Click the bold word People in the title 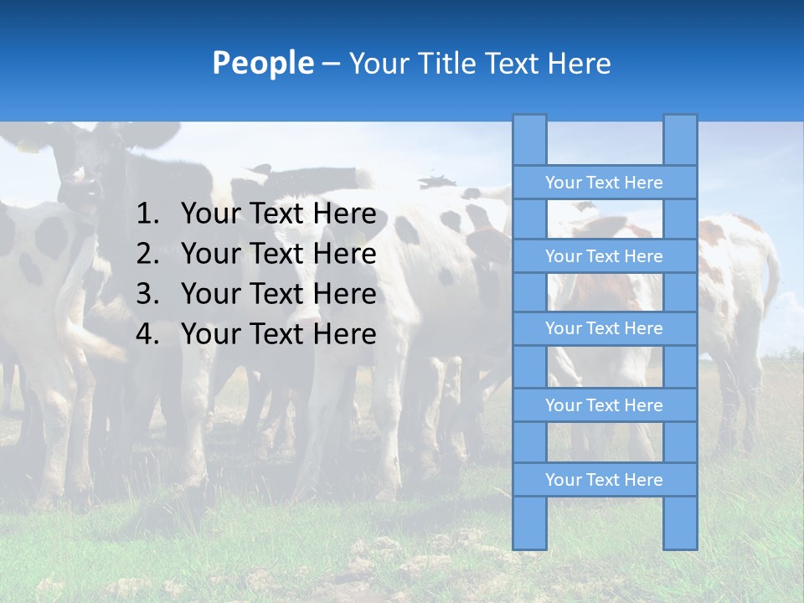click(x=263, y=64)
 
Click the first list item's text click(x=278, y=214)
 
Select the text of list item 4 click(x=278, y=334)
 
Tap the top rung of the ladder click(x=604, y=183)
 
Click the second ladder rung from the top click(x=604, y=256)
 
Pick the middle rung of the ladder click(x=604, y=328)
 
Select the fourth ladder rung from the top click(x=604, y=405)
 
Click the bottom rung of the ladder click(x=604, y=480)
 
